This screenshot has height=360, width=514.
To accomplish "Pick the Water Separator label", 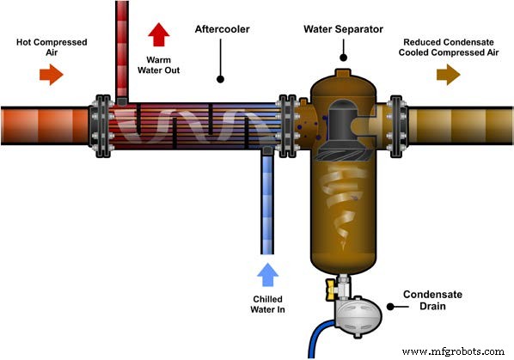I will pyautogui.click(x=343, y=28).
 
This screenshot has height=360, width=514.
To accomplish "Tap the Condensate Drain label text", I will pyautogui.click(x=433, y=301).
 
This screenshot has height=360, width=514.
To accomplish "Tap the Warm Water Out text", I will pyautogui.click(x=159, y=64).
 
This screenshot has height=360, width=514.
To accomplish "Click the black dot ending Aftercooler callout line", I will pyautogui.click(x=221, y=79).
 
